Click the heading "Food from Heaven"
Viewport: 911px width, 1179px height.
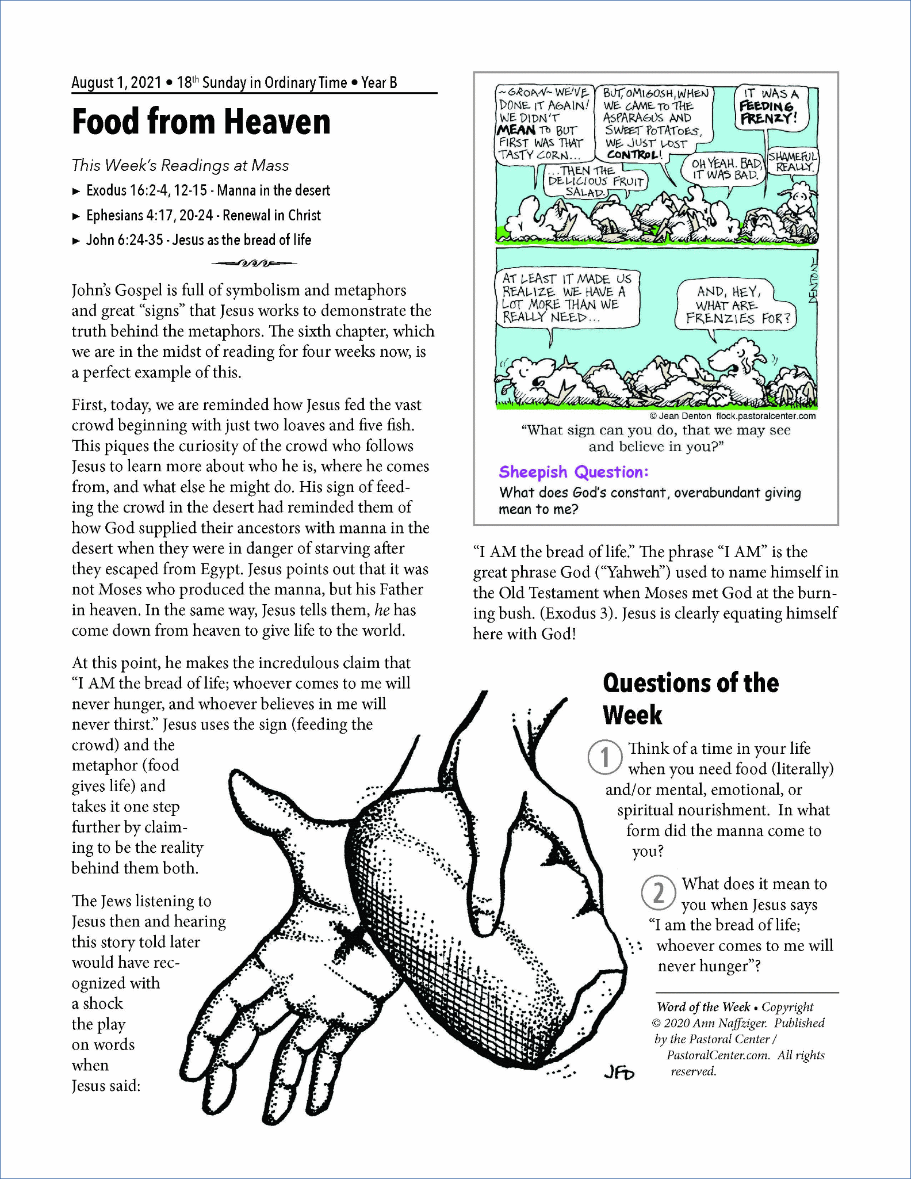point(201,121)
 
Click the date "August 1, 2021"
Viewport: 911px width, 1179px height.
point(116,83)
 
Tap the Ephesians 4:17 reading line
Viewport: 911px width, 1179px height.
point(203,215)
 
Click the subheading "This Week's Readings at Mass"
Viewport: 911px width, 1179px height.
point(180,166)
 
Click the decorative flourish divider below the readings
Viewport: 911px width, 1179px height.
point(254,264)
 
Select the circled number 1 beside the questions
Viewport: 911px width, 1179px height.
point(604,757)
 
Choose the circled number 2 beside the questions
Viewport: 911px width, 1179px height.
point(658,892)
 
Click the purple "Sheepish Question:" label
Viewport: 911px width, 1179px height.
point(573,472)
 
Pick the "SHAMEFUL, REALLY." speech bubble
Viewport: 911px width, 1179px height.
point(793,162)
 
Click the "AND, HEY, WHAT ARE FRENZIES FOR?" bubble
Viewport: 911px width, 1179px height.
point(736,306)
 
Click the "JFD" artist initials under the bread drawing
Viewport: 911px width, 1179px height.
point(619,1073)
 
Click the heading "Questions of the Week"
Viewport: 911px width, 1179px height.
point(690,699)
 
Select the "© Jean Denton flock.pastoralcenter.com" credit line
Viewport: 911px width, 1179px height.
point(732,416)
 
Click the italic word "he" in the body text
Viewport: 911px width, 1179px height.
point(381,610)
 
